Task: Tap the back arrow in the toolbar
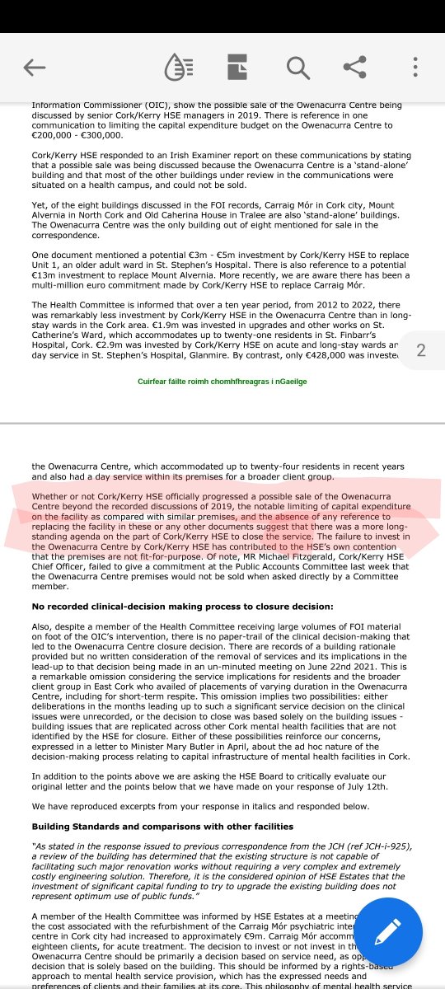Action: (x=35, y=68)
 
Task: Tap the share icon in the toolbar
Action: (x=355, y=68)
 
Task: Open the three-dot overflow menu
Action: (x=415, y=68)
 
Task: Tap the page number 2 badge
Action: (x=421, y=350)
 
